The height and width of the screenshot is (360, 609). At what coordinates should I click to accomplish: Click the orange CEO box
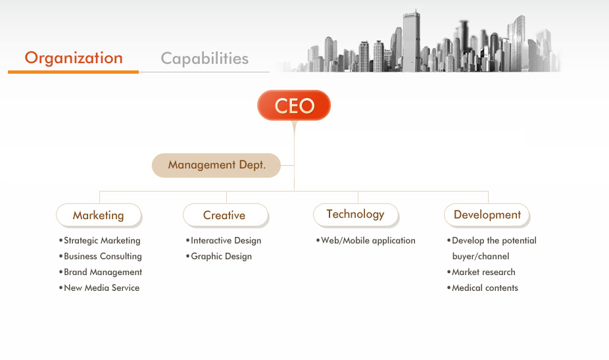point(293,105)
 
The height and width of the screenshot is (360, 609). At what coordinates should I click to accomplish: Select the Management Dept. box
point(216,165)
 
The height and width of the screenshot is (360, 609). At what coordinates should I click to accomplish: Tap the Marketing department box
point(99,215)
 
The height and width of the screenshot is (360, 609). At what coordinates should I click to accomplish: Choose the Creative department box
point(226,215)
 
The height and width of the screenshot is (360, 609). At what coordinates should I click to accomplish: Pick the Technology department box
point(356,215)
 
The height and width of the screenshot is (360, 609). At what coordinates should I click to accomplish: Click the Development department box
point(487,215)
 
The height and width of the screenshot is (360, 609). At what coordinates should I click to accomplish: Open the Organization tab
point(74,59)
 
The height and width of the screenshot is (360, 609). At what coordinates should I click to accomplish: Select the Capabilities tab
point(205,59)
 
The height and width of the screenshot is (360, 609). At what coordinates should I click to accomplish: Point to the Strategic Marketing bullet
point(99,241)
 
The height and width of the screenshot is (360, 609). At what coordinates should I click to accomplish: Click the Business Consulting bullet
point(100,256)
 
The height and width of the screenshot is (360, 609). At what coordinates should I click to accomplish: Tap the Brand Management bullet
point(100,272)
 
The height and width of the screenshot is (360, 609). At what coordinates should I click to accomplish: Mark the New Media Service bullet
point(99,288)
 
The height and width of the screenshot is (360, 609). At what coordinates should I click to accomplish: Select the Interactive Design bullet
point(224,241)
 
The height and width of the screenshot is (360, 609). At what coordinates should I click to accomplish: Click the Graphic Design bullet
point(218,256)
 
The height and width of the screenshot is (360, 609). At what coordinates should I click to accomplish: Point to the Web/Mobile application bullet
point(366,241)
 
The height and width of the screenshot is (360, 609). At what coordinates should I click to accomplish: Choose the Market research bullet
point(481,272)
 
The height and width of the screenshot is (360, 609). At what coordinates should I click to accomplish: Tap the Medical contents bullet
point(482,288)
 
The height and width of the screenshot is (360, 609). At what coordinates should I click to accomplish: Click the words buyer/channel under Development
point(481,256)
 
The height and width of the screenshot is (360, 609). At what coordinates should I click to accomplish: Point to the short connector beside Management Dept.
point(287,165)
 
